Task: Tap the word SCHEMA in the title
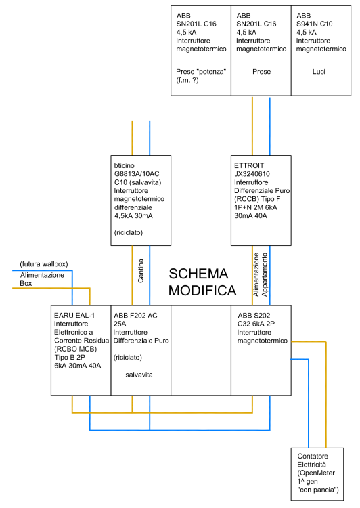point(198,274)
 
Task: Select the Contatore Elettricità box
point(317,473)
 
